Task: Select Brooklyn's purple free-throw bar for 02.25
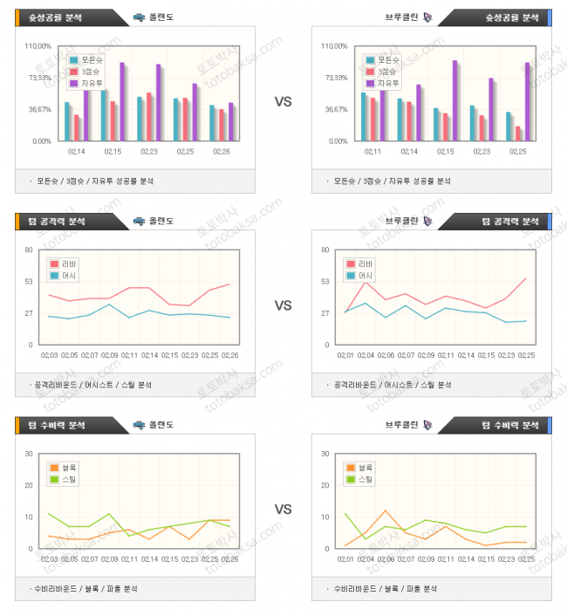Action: coord(527,101)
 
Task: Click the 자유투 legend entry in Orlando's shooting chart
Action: coord(92,83)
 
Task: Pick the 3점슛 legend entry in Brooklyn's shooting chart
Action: coord(388,72)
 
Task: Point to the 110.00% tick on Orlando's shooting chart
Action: coord(38,46)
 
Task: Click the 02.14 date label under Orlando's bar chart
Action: coord(77,152)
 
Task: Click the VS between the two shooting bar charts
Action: coord(283,101)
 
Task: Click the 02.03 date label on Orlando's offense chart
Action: coord(50,355)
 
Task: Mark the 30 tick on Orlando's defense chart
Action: coord(29,454)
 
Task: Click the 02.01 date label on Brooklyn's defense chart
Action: coord(345,558)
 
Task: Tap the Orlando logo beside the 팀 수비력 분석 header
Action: coord(139,425)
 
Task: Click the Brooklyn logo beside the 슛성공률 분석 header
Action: coord(427,17)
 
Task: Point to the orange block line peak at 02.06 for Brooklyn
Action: coord(385,510)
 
